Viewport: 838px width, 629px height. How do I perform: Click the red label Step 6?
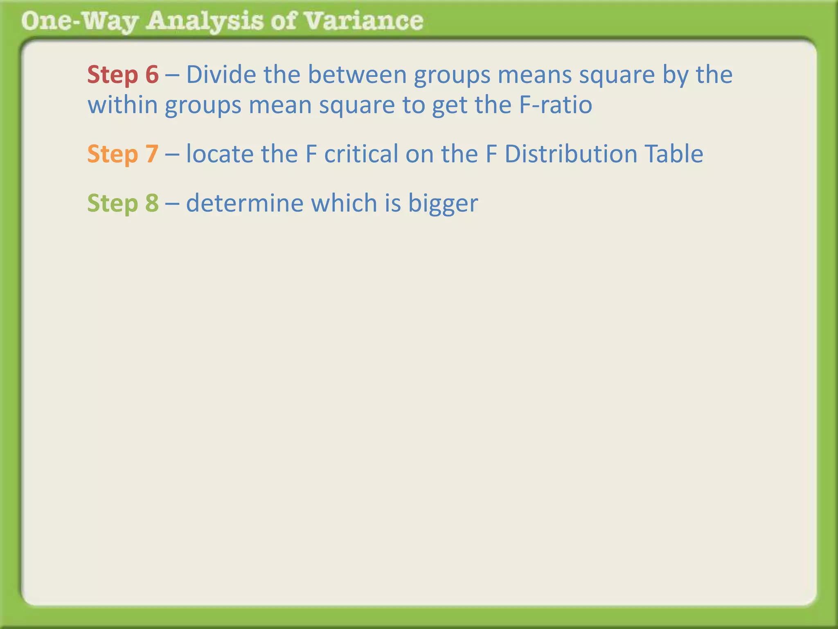[123, 75]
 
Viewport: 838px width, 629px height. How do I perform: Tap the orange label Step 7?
[123, 154]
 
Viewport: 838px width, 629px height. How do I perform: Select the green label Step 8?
[123, 203]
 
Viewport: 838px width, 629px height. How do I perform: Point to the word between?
[357, 75]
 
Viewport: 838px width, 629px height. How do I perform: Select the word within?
[123, 105]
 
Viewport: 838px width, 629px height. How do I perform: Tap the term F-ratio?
[556, 105]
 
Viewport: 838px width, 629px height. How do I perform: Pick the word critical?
[361, 154]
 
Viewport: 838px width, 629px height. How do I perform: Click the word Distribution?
[570, 154]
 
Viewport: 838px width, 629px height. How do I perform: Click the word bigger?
[443, 204]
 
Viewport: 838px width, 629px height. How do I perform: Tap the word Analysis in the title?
[205, 21]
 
